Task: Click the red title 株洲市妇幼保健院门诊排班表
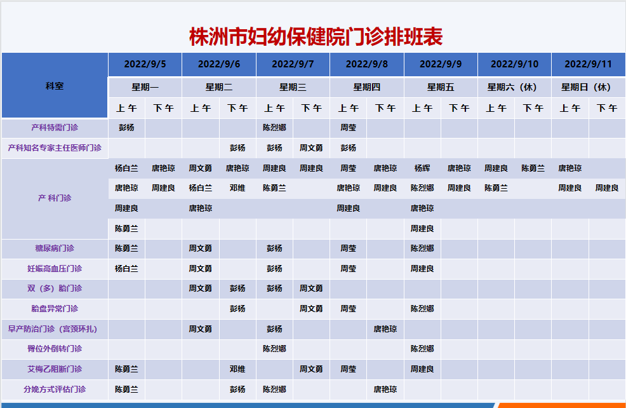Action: pos(316,37)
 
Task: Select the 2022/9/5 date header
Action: pos(145,64)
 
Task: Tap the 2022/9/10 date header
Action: pos(514,64)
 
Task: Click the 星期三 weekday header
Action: pos(293,87)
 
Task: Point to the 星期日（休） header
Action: pos(588,87)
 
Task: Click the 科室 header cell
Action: pos(55,86)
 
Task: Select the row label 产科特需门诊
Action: pos(55,128)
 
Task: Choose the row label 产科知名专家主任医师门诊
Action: pos(55,148)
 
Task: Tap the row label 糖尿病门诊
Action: pos(55,248)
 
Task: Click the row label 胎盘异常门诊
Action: pos(55,308)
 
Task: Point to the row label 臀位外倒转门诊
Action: pos(55,348)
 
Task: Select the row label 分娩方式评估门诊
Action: pos(55,389)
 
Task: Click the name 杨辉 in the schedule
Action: pos(422,168)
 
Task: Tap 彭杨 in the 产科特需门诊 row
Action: pos(126,128)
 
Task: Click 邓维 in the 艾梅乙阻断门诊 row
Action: pos(237,369)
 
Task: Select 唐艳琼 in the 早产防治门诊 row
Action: pos(385,329)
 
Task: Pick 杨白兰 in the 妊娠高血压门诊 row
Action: pos(126,269)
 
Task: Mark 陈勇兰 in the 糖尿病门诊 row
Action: pos(126,248)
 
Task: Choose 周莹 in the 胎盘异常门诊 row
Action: pos(348,308)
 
